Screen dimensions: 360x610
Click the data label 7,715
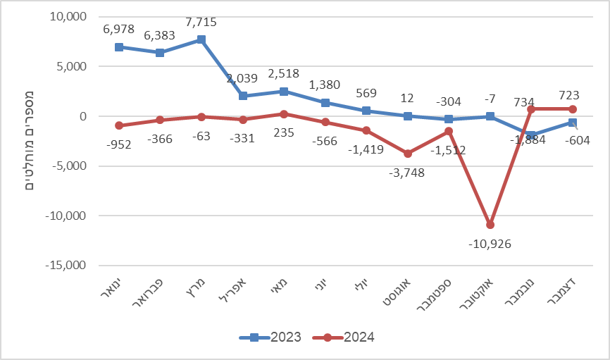coord(201,23)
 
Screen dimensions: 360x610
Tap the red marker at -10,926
coord(490,225)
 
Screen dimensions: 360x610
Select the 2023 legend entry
coord(270,337)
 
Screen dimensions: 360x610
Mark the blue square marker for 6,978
coord(119,47)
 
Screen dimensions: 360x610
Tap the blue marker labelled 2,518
coord(284,92)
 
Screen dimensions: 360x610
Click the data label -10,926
coord(490,244)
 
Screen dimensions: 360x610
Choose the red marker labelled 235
coord(284,114)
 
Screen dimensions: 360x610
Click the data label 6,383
coord(161,35)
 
